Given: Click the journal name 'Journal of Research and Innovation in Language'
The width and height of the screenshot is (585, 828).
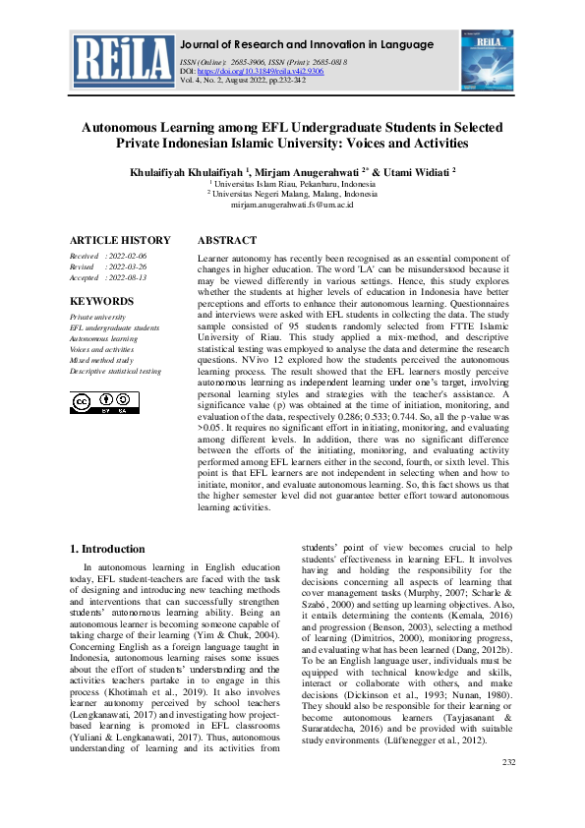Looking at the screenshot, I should (308, 44).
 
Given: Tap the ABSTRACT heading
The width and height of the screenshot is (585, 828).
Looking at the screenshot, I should (228, 241).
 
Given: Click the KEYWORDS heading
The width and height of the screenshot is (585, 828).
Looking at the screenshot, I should (102, 301).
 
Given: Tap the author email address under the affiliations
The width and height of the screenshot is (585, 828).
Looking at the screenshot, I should (292, 205).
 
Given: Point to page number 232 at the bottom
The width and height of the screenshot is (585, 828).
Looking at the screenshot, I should (508, 790).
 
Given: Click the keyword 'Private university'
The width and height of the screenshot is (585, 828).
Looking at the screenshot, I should (97, 318).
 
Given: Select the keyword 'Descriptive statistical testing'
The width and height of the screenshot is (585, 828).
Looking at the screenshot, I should (115, 371).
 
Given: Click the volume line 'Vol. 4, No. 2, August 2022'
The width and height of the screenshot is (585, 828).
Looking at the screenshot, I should (258, 82).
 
